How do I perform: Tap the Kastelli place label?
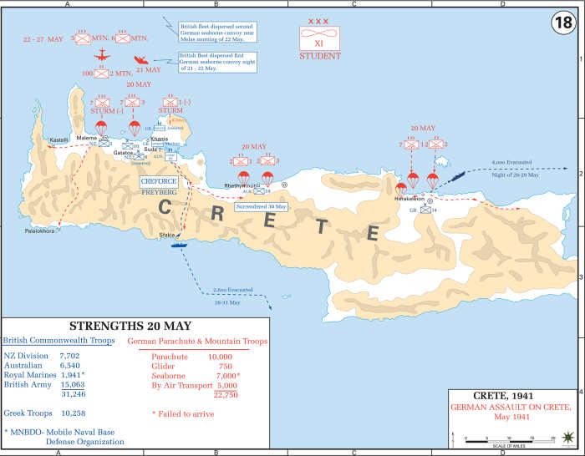[59, 139]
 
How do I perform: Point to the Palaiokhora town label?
[40, 231]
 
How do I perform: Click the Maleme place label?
[87, 138]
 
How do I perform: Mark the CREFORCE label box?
[158, 180]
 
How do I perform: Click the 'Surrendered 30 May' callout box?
[261, 205]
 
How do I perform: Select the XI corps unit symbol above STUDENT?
[320, 38]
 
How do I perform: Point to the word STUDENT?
[320, 57]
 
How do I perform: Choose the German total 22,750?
[226, 395]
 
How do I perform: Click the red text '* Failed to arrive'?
[182, 413]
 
